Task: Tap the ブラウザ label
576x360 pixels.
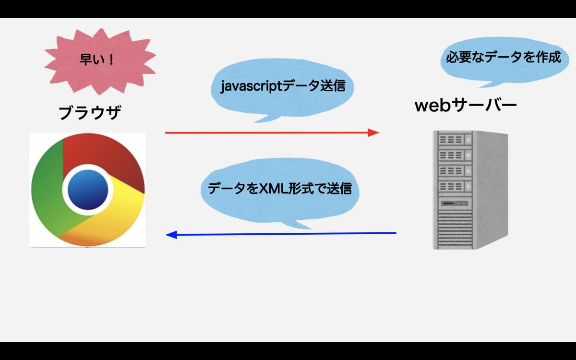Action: point(89,113)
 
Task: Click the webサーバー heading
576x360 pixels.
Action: point(466,105)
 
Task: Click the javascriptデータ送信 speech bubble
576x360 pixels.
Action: point(283,87)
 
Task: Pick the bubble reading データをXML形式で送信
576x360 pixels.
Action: point(280,189)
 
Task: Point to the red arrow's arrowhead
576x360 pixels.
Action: point(373,132)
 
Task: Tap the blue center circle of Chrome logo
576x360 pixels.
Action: point(88,189)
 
